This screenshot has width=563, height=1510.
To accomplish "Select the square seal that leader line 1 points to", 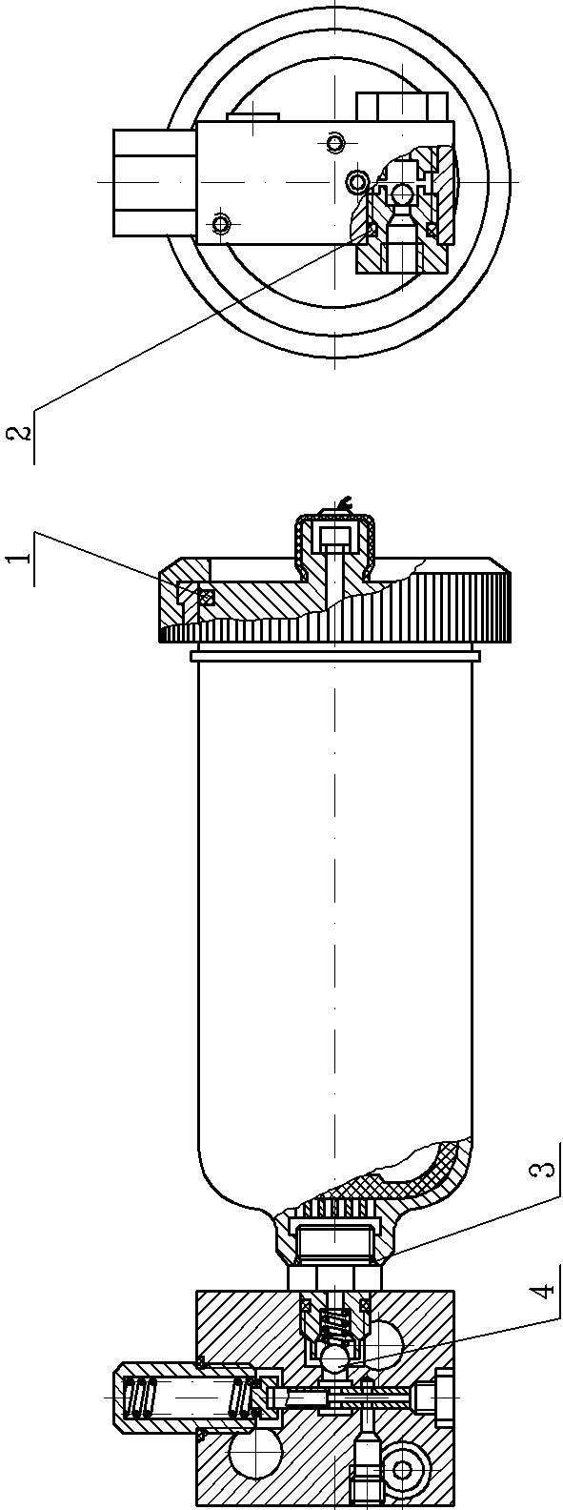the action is point(206,596).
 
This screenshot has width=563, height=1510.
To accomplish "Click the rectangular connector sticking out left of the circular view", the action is point(155,182).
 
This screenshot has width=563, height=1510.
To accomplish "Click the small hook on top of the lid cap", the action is point(346,501).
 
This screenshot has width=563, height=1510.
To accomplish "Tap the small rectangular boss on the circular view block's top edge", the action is point(253,117).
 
